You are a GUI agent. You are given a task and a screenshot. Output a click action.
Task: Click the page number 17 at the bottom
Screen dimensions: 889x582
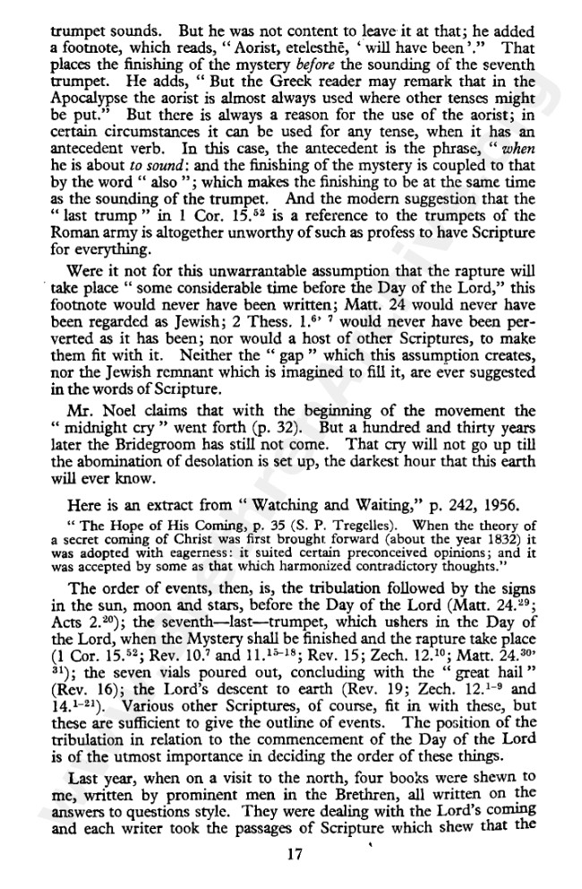point(292,854)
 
